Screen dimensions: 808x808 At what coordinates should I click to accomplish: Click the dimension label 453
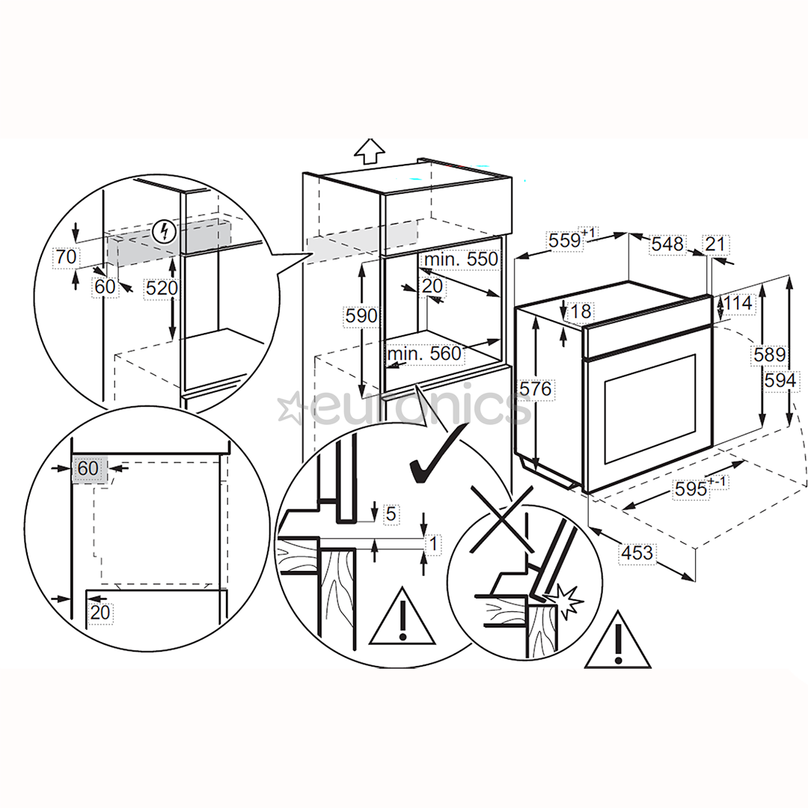pos(637,552)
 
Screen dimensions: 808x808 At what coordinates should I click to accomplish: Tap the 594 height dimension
pos(780,380)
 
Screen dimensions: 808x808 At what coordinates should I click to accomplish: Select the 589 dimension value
pos(769,355)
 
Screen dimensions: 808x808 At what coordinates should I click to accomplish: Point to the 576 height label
pos(536,388)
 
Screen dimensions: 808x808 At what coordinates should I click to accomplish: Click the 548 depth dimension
pos(667,244)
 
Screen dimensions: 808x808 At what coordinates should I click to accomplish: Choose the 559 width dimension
pos(565,240)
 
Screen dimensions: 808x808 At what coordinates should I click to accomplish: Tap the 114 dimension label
pos(738,303)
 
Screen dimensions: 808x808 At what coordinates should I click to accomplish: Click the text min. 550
pos(461,259)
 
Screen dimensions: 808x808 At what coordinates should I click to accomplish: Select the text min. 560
pos(424,354)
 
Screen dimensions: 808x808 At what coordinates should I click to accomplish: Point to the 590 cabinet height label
pos(361,316)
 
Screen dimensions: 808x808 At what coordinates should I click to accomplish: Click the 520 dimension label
pos(162,287)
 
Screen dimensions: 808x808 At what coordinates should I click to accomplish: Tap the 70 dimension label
pos(66,257)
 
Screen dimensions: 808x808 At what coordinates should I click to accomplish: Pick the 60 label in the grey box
pos(88,468)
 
